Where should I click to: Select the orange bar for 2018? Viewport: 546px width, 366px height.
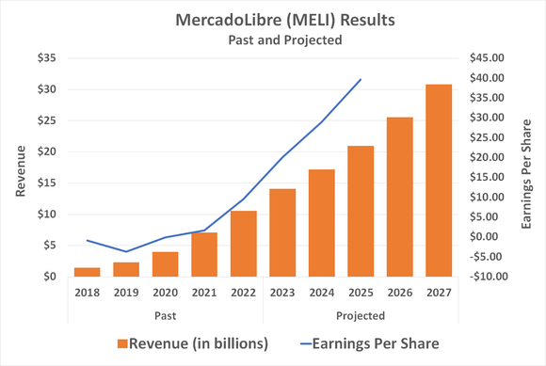click(88, 272)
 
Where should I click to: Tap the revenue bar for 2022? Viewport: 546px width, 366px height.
click(243, 244)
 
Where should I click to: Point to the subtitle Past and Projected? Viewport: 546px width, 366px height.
click(273, 40)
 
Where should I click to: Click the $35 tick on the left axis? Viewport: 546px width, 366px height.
click(46, 58)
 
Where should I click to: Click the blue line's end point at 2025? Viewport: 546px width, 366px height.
click(361, 79)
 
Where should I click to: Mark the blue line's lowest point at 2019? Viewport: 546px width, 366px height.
click(126, 252)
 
